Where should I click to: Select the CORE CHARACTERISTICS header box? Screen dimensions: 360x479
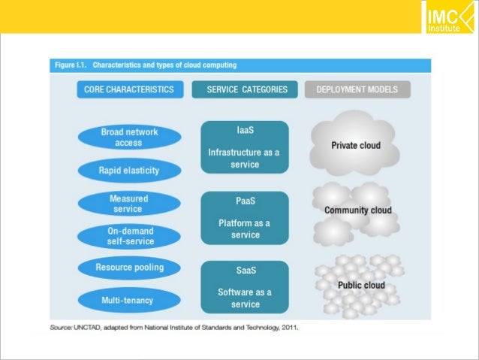coord(129,89)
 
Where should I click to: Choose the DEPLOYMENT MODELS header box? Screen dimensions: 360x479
coord(357,89)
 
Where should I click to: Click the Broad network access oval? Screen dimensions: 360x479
coord(129,137)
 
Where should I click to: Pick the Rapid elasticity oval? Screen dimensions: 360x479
coord(129,171)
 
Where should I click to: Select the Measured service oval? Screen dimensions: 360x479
coord(129,204)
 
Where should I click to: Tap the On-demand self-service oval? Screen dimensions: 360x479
coord(129,236)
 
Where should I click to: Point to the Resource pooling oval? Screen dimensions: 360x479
coord(129,268)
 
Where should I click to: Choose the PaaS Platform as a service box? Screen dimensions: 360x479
coord(245,218)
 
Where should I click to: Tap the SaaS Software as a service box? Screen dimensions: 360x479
coord(245,286)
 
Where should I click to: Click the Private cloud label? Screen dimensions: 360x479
coord(357,146)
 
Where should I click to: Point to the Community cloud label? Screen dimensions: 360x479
coord(357,210)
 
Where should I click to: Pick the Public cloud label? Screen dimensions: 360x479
coord(361,286)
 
